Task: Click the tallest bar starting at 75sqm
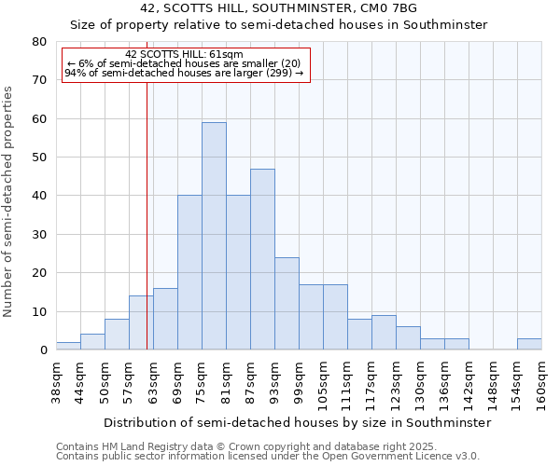(214, 236)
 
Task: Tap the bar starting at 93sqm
(287, 303)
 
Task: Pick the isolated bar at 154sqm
(529, 344)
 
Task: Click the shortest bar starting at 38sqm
(68, 346)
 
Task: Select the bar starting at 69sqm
(189, 272)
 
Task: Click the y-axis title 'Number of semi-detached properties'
(9, 201)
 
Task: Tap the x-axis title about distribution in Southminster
(297, 422)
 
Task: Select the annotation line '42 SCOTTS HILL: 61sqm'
(184, 54)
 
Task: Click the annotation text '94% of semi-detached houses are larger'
(184, 73)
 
